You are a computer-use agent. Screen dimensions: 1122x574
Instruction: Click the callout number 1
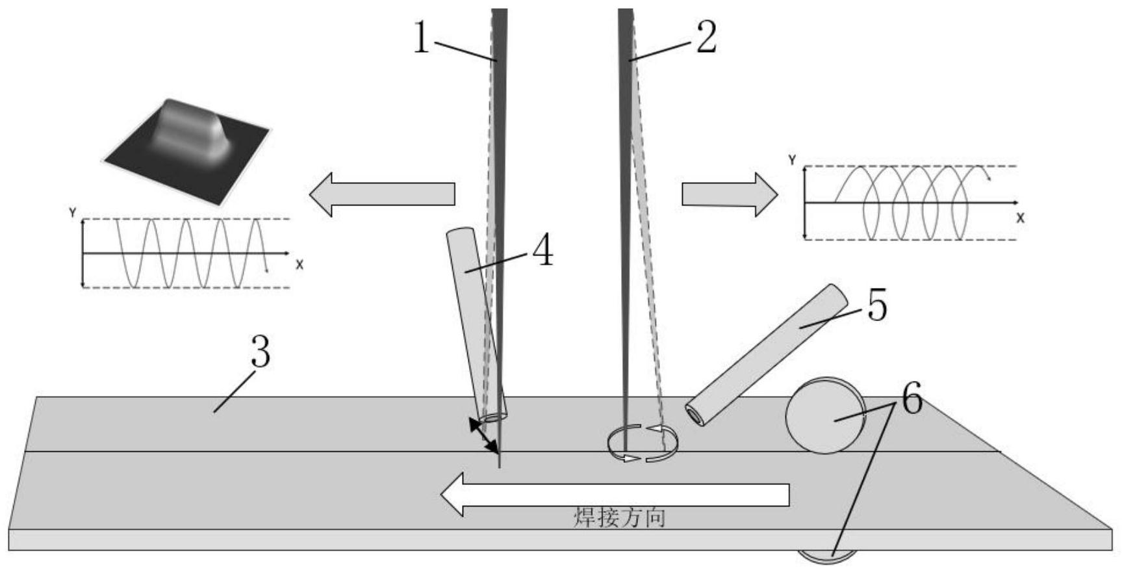[x=422, y=38]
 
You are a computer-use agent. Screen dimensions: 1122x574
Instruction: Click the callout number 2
[x=706, y=37]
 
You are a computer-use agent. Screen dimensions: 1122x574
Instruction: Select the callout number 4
[x=542, y=251]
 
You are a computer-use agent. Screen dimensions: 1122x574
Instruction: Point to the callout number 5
[x=877, y=306]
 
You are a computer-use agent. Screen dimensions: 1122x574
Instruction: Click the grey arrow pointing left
[x=381, y=194]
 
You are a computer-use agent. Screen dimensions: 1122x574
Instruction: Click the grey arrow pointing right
[x=730, y=194]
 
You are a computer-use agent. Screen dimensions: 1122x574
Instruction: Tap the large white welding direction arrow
[x=615, y=495]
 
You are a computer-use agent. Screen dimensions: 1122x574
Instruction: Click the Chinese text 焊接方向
[x=619, y=517]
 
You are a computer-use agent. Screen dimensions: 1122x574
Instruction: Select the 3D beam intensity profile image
[x=187, y=151]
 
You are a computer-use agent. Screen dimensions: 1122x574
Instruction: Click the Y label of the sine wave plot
[x=73, y=212]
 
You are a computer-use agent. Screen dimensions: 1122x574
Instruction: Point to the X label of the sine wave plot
[x=300, y=265]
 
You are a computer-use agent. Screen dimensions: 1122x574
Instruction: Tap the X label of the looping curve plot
[x=1020, y=218]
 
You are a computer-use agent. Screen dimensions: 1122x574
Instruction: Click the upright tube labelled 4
[x=477, y=324]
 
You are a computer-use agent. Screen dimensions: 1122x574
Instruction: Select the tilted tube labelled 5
[x=767, y=355]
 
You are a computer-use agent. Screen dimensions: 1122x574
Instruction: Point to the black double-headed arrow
[x=485, y=436]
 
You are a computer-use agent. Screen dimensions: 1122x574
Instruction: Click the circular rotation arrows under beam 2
[x=643, y=443]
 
